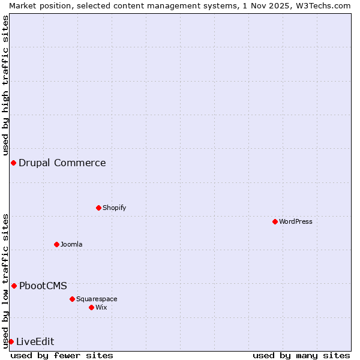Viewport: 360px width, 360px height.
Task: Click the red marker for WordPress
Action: pyautogui.click(x=275, y=221)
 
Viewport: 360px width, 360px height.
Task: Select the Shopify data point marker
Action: pyautogui.click(x=98, y=208)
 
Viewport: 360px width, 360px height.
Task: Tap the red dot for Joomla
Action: pyautogui.click(x=56, y=244)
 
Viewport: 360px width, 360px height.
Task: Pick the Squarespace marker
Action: pyautogui.click(x=72, y=299)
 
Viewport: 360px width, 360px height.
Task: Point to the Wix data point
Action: pyautogui.click(x=91, y=307)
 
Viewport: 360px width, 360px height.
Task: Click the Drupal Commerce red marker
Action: pyautogui.click(x=13, y=163)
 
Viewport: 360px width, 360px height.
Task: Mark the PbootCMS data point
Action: pyautogui.click(x=14, y=286)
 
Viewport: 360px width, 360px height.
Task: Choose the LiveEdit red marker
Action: pyautogui.click(x=11, y=341)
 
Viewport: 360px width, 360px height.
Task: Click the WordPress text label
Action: pyautogui.click(x=296, y=221)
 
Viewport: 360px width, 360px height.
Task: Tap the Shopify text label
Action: pyautogui.click(x=114, y=208)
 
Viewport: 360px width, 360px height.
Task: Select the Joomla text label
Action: pyautogui.click(x=71, y=244)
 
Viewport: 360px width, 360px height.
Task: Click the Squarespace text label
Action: pyautogui.click(x=97, y=299)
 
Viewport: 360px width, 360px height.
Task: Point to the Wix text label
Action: pyautogui.click(x=101, y=307)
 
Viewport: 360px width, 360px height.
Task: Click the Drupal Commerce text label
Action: pyautogui.click(x=62, y=163)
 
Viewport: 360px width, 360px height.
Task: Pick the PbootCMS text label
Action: pyautogui.click(x=43, y=286)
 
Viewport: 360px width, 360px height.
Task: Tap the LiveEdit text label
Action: pyautogui.click(x=35, y=341)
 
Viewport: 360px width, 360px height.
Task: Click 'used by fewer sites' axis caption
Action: pyautogui.click(x=62, y=355)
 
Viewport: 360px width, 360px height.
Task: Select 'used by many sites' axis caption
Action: pyautogui.click(x=301, y=355)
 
